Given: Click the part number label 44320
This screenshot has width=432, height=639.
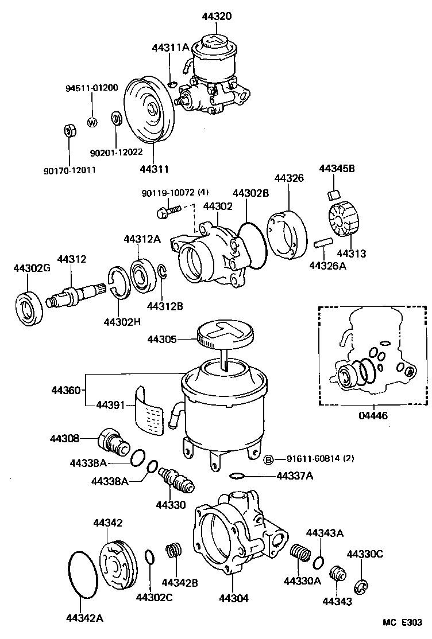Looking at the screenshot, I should click(x=217, y=17).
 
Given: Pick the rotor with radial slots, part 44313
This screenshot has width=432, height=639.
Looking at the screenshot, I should click(x=343, y=220).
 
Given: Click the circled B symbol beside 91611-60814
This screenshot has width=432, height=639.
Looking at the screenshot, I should click(x=268, y=459).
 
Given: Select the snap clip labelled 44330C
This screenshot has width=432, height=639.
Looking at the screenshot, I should click(x=361, y=586).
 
